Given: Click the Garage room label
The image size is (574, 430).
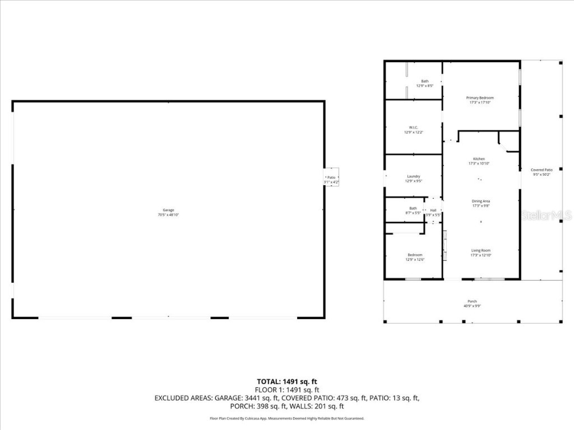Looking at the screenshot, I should [x=168, y=212].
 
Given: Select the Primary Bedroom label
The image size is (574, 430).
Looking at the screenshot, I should [x=480, y=100].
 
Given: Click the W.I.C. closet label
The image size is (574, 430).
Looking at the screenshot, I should [x=413, y=129].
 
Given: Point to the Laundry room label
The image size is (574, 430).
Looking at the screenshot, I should [x=413, y=179].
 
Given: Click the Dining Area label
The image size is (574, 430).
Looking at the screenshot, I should [x=480, y=203].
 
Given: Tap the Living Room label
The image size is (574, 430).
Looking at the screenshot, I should [x=480, y=253].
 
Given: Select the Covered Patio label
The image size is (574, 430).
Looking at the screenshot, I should [x=542, y=172].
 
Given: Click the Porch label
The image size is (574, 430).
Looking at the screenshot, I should [x=472, y=303].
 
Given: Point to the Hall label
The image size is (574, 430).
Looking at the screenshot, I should [x=433, y=212].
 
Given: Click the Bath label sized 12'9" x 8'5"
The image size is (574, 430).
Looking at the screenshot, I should [x=424, y=83].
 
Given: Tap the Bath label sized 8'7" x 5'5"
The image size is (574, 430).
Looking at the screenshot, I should [x=413, y=211].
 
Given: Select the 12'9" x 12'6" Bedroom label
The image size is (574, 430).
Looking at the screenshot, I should [x=415, y=257].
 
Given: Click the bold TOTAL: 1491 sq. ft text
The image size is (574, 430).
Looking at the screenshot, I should [x=287, y=381].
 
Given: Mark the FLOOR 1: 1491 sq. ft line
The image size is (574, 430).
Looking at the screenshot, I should [x=287, y=390].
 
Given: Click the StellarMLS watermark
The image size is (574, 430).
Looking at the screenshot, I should [x=546, y=215].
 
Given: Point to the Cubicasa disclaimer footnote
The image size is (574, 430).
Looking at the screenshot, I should [x=287, y=418].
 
